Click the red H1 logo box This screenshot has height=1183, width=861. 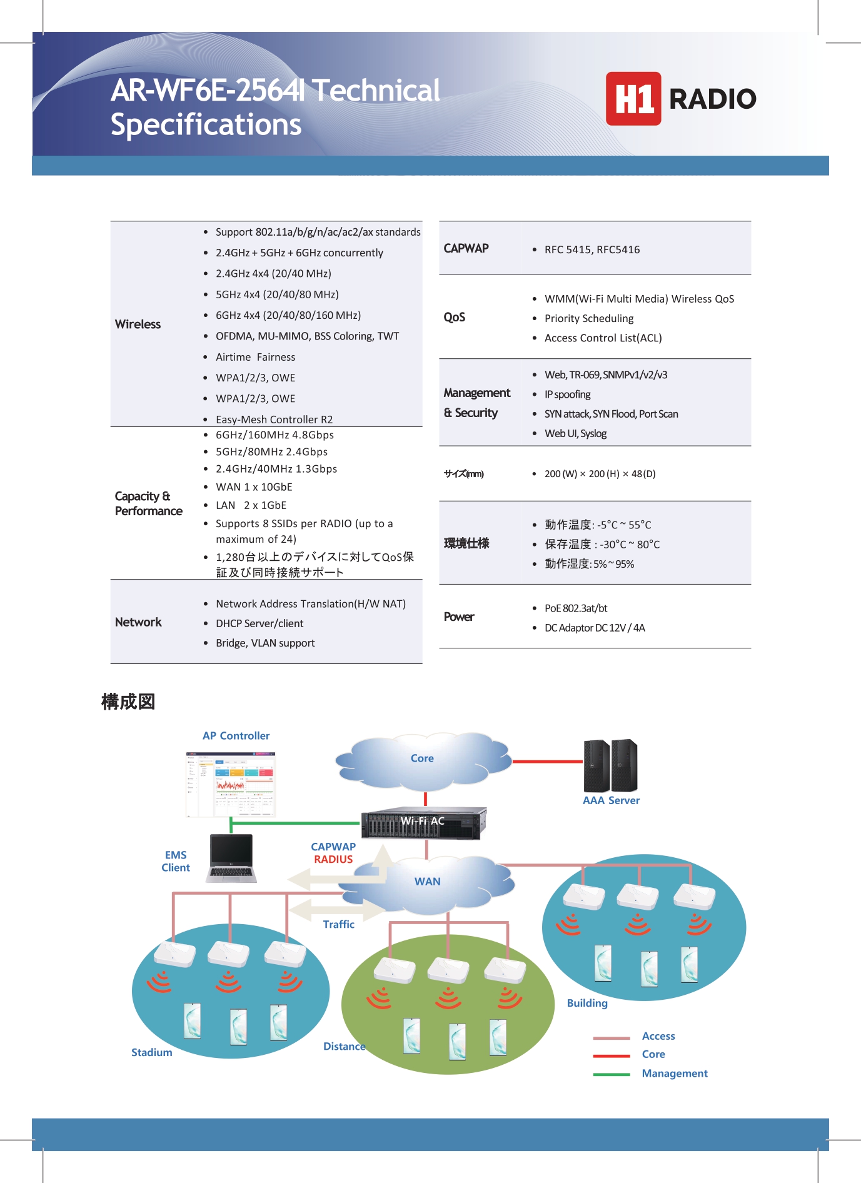pos(633,99)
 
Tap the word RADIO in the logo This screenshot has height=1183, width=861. pos(712,99)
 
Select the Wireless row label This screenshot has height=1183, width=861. pos(138,324)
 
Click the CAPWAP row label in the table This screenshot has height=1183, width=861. pos(466,248)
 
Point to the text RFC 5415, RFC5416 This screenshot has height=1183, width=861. pos(592,249)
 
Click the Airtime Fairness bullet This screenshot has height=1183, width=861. pos(255,357)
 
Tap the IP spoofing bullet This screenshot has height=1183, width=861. pos(567,395)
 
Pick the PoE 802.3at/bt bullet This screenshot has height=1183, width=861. pos(575,608)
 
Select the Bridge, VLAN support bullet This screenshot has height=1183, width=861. pos(265,643)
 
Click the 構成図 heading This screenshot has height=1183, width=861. pos(128,702)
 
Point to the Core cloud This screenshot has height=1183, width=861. pos(422,758)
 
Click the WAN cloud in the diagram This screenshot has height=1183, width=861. pos(427,882)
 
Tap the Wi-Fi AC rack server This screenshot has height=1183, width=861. pos(423,822)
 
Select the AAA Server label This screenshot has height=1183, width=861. pos(611,800)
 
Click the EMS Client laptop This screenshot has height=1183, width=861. pos(231,858)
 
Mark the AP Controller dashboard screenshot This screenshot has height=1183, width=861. pos(231,784)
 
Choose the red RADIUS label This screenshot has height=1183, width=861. pos(333,859)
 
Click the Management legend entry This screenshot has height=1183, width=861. pos(674,1074)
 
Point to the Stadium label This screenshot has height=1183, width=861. pos(151,1052)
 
